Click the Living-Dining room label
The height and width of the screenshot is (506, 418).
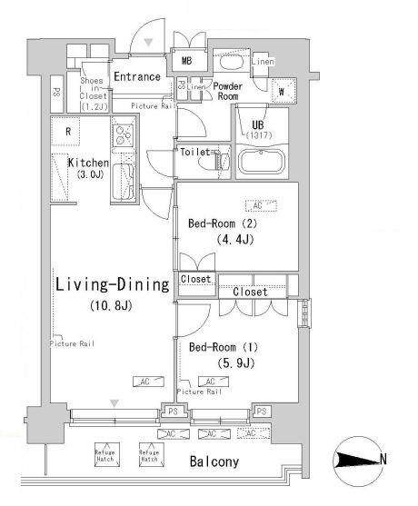[x=113, y=285]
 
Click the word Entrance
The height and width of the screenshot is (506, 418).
[x=137, y=76]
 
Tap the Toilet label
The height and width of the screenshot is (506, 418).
[x=195, y=152]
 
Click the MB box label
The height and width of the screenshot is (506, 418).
[x=186, y=62]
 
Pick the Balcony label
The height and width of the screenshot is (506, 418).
[x=214, y=462]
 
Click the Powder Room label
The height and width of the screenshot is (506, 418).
[x=226, y=91]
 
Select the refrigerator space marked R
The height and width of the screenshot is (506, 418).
[x=68, y=131]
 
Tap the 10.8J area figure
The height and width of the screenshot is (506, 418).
[x=112, y=305]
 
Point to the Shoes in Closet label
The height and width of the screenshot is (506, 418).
[x=95, y=92]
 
